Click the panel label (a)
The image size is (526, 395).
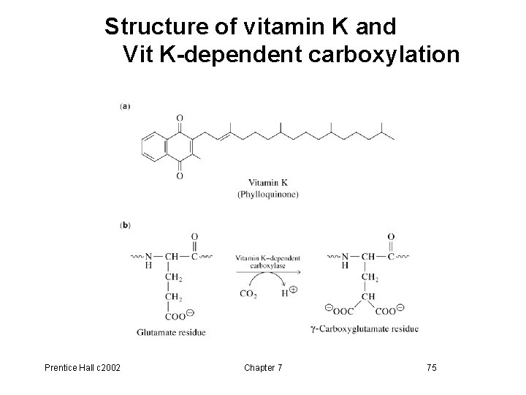coord(125,106)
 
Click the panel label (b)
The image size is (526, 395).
coord(125,225)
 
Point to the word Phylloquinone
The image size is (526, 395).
coord(268,194)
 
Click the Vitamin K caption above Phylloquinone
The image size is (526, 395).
coord(268,183)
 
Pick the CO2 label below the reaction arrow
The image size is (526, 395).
coord(249,294)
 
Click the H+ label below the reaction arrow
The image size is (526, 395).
coord(287,293)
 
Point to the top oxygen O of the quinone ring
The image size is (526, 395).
coord(180,118)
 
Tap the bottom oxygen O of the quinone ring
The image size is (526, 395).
coord(180,176)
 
